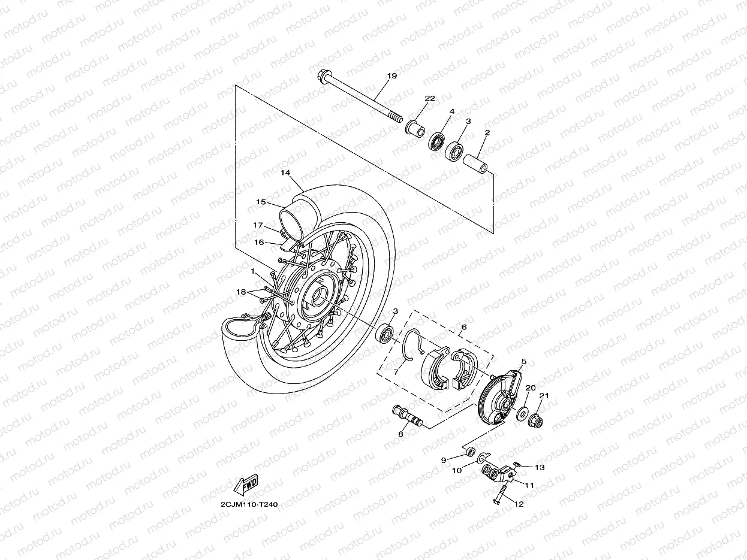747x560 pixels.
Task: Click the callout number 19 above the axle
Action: pyautogui.click(x=392, y=76)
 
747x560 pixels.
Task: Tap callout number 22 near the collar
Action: pyautogui.click(x=429, y=98)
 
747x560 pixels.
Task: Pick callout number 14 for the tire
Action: pyautogui.click(x=285, y=172)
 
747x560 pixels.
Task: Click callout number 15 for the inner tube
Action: pyautogui.click(x=261, y=202)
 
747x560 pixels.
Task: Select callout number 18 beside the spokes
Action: pyautogui.click(x=240, y=292)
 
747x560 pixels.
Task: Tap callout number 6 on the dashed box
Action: pyautogui.click(x=463, y=328)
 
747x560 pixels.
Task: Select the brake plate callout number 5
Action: pyautogui.click(x=523, y=362)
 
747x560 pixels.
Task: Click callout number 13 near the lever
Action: pyautogui.click(x=540, y=468)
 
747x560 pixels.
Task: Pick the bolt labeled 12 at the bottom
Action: pyautogui.click(x=499, y=498)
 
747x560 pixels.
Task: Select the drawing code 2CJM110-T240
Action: pyautogui.click(x=248, y=504)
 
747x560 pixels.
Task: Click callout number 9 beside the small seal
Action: pyautogui.click(x=444, y=460)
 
